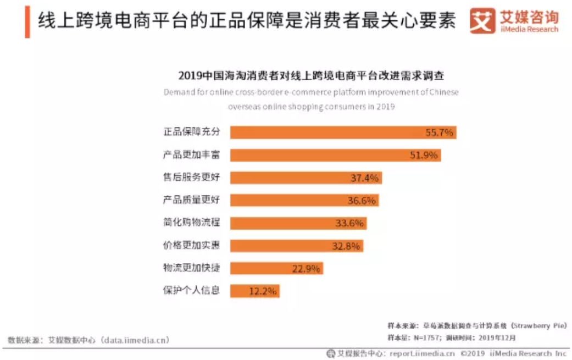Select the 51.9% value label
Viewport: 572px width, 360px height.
[424, 155]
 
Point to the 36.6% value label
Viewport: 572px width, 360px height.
[362, 201]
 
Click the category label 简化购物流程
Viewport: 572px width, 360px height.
[191, 223]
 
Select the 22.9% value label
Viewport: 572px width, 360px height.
[306, 268]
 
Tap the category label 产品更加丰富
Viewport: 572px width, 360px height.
[191, 155]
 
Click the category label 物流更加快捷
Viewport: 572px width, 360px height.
[191, 268]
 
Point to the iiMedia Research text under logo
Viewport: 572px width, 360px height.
[529, 29]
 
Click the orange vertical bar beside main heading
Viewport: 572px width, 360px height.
[27, 21]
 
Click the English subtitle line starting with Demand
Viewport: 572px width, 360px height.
[310, 92]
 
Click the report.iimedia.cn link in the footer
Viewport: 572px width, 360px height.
[422, 353]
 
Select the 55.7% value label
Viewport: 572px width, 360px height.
[439, 132]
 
